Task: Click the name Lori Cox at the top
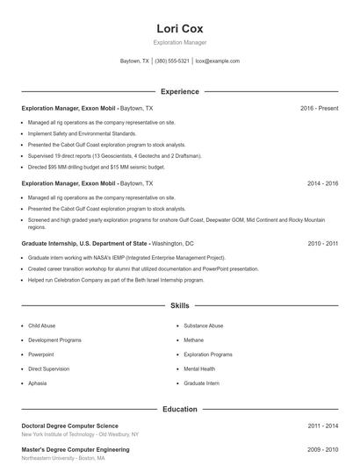[179, 28]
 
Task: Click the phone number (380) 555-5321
[172, 61]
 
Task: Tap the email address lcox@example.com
[217, 61]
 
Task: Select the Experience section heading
[179, 91]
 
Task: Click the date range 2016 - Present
[319, 108]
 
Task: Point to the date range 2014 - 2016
[322, 183]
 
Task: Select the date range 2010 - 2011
[322, 243]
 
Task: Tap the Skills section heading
[179, 306]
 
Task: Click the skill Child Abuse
[41, 325]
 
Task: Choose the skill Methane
[193, 340]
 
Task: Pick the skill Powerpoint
[40, 354]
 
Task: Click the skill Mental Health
[199, 368]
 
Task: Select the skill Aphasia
[37, 383]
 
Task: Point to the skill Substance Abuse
[203, 325]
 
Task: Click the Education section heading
[179, 409]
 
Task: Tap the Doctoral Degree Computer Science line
[69, 426]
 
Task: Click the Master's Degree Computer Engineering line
[75, 449]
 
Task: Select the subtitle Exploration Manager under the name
[179, 42]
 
